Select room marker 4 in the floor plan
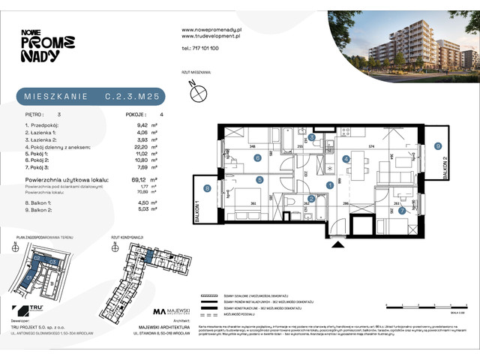click(346, 159)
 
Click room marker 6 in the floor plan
click(257, 157)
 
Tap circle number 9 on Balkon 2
click(439, 147)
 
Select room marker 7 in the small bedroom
click(401, 211)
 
